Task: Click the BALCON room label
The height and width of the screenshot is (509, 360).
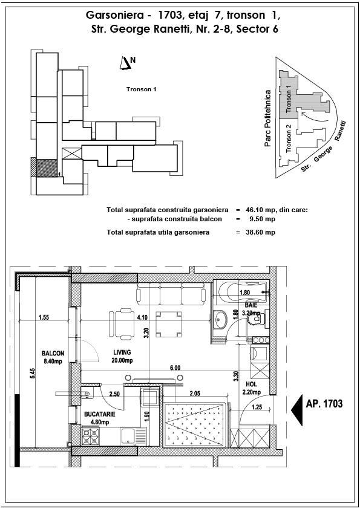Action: tap(53, 357)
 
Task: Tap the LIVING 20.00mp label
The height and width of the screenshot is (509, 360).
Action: tap(122, 356)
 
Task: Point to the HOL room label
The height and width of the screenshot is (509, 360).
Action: tap(252, 388)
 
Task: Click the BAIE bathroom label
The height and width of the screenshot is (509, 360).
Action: tap(252, 309)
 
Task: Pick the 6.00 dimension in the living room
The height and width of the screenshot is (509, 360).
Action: tap(175, 368)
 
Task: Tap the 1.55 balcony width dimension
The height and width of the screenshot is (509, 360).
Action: tap(44, 317)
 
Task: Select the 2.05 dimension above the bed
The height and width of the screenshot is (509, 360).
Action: tap(195, 394)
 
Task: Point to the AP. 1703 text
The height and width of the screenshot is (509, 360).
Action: tap(324, 403)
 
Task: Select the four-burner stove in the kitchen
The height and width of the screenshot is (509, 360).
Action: tap(90, 436)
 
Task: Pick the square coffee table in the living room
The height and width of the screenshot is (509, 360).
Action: tap(168, 324)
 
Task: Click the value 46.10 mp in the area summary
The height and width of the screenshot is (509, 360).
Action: tap(260, 210)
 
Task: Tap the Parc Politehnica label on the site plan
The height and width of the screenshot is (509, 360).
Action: tap(267, 118)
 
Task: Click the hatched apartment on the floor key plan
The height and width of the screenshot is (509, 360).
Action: tap(47, 168)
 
